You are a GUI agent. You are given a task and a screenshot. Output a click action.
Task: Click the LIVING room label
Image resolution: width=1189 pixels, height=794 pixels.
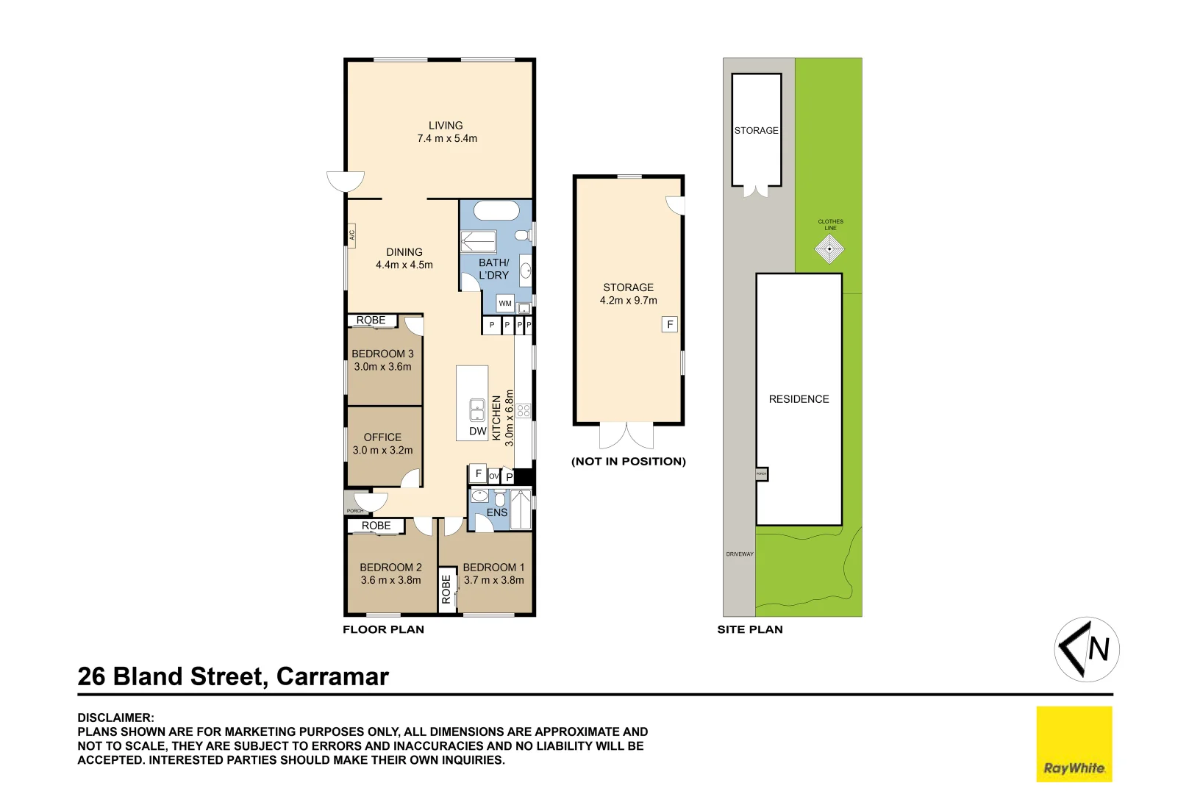[446, 126]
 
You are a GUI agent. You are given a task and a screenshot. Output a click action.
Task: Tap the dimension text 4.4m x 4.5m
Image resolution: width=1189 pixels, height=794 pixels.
[404, 265]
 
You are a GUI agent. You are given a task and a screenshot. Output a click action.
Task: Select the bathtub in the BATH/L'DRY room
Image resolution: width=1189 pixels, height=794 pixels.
[496, 211]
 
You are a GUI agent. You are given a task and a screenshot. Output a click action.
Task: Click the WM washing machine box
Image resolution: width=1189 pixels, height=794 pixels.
[505, 303]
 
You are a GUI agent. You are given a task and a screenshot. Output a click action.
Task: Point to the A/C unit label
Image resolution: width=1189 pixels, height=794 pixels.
[352, 235]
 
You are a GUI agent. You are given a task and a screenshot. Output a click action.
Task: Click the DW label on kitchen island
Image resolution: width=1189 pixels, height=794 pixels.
[477, 432]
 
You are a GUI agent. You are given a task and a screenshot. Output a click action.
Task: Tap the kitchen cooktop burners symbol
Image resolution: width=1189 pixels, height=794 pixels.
[524, 410]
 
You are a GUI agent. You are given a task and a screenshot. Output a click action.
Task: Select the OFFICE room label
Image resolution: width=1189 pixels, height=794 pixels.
[382, 437]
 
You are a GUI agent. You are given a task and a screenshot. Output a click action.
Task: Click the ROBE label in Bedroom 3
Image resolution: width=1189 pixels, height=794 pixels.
[371, 321]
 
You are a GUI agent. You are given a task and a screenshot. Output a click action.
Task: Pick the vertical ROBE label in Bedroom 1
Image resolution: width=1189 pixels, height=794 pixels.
[446, 589]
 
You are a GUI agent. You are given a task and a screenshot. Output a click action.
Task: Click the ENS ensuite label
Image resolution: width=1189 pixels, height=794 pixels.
[497, 512]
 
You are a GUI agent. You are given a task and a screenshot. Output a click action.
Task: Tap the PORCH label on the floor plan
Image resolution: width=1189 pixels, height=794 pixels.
[355, 510]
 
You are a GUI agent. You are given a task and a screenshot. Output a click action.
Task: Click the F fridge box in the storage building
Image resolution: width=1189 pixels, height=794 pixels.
[670, 324]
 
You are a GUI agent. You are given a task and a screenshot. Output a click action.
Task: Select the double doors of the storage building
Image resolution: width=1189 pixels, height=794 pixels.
[626, 435]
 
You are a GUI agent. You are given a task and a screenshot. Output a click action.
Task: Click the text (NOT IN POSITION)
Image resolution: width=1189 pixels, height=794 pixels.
[629, 462]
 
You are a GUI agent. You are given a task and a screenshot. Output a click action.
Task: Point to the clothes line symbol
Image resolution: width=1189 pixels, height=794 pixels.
[830, 249]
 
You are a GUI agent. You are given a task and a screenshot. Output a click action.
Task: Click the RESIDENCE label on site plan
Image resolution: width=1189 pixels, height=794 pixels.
[799, 399]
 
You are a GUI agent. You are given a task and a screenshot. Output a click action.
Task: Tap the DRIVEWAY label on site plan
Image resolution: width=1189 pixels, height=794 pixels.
[740, 554]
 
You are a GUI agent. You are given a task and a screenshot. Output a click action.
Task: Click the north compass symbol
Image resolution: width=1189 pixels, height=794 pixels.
[1087, 649]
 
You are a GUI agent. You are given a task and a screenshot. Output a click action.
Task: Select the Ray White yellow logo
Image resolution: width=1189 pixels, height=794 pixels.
[1074, 743]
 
